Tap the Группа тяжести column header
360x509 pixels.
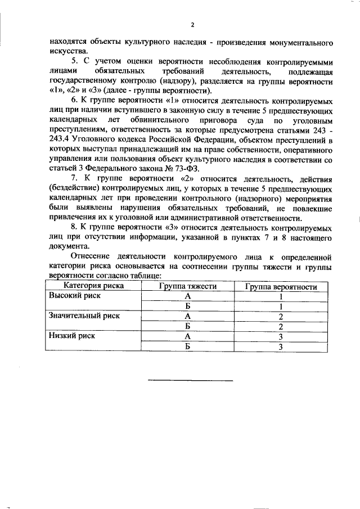coord(187,286)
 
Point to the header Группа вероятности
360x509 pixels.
coord(281,286)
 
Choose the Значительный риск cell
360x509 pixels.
coord(85,316)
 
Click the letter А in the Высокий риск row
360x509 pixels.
coord(187,296)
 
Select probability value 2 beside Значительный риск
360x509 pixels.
coord(280,317)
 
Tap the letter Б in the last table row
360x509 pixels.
coord(187,347)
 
